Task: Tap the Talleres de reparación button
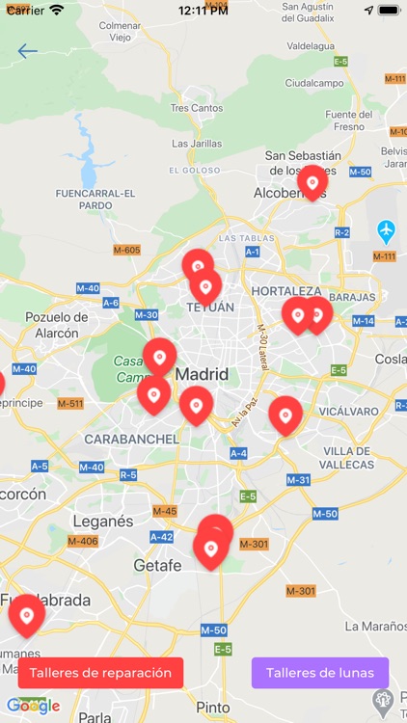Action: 100,673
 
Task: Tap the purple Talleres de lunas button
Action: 320,673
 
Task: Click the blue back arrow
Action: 27,52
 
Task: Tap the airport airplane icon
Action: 387,231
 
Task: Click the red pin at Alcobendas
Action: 312,182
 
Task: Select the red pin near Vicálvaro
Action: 285,415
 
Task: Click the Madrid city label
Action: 202,374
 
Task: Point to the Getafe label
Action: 157,566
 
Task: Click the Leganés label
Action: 103,521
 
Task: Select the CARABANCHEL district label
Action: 131,439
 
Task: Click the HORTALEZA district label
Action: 286,290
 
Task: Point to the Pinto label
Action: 213,707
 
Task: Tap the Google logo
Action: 33,706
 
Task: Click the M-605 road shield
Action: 126,251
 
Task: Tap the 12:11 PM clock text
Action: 203,10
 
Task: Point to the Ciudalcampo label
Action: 313,83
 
